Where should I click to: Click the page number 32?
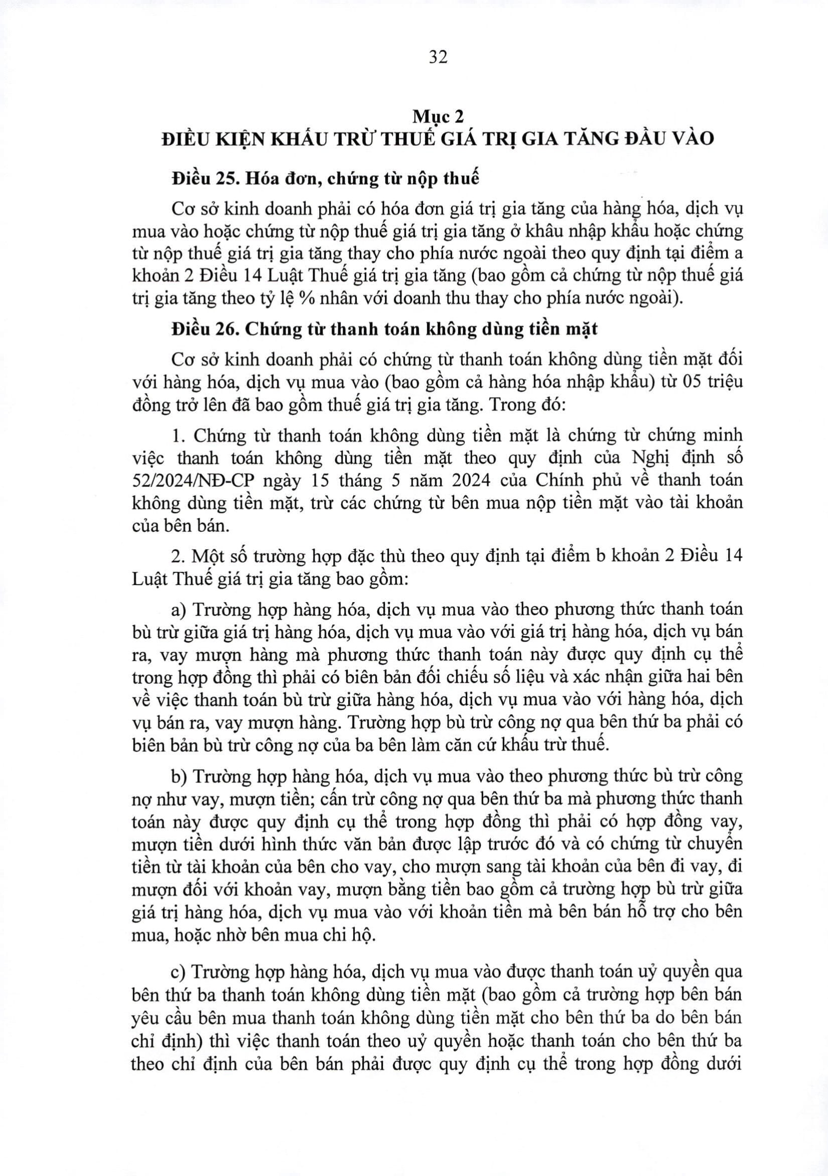[438, 57]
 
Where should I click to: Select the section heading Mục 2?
[438, 117]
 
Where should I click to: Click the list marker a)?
[179, 610]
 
